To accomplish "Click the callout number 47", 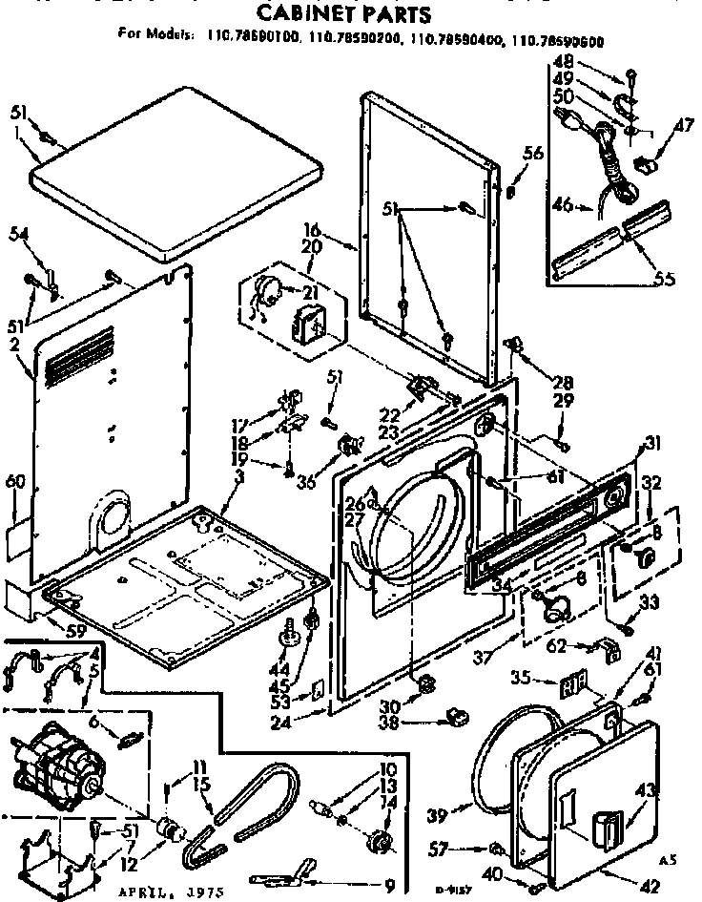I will (x=684, y=124).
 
